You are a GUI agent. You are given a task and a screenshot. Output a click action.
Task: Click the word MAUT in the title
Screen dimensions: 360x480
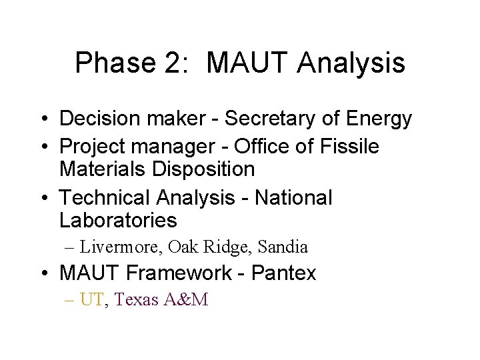(248, 63)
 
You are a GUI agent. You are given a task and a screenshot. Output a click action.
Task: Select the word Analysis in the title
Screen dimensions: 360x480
(351, 63)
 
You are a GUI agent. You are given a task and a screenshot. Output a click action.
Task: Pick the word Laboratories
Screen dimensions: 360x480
(118, 220)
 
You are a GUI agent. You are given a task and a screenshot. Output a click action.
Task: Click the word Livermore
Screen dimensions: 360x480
(121, 247)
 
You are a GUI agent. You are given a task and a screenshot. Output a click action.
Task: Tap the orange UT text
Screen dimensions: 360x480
(91, 300)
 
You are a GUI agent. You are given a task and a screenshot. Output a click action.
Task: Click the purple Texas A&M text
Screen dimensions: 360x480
(161, 300)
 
